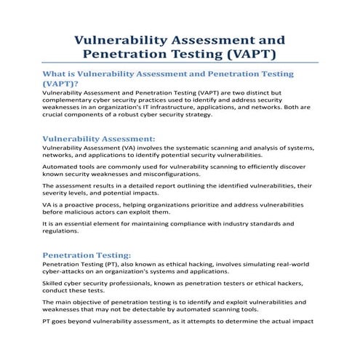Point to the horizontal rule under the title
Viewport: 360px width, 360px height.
point(180,63)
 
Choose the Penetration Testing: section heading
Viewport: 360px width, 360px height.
point(87,255)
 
